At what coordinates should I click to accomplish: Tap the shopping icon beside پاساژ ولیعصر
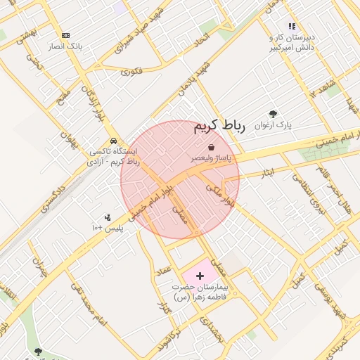click(212, 147)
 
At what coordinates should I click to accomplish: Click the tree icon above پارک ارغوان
click(273, 114)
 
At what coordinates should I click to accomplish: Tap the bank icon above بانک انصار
click(66, 35)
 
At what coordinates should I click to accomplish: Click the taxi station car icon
click(113, 140)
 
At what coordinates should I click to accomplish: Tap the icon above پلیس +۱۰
click(107, 217)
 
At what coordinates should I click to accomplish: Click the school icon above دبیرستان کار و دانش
click(292, 27)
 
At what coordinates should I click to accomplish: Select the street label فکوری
click(131, 71)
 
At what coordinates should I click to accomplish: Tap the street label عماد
click(165, 270)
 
